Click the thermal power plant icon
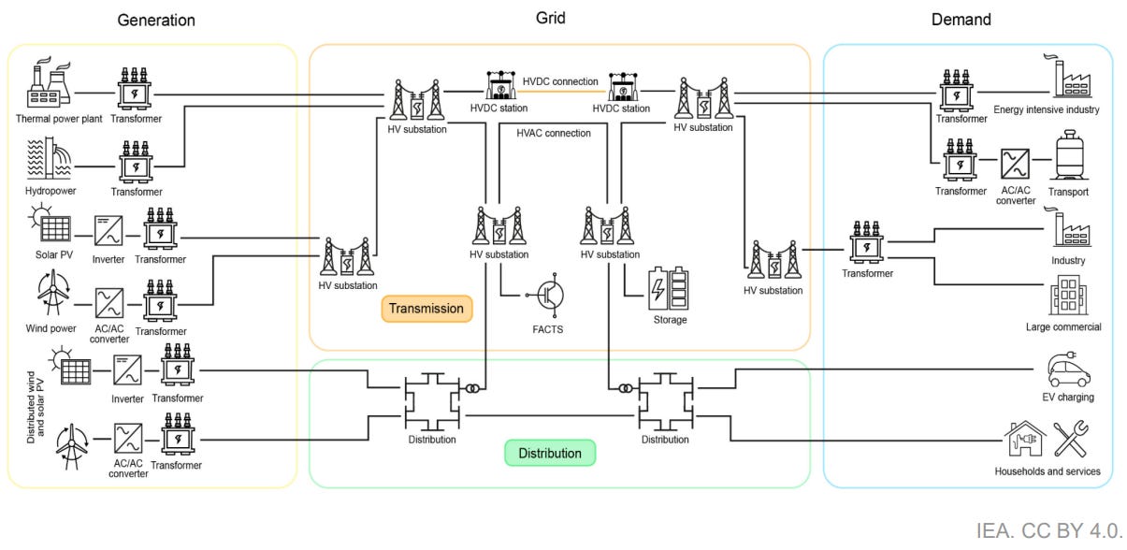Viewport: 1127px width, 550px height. pos(49,83)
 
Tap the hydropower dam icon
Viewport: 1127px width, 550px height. pos(49,157)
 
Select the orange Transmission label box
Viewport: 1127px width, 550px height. pos(426,309)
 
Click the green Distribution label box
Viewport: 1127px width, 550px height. pos(550,453)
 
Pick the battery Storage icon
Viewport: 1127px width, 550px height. pos(668,288)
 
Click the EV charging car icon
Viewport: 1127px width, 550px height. pos(1069,369)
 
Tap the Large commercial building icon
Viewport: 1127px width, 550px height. pos(1069,296)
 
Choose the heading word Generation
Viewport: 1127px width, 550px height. pos(156,21)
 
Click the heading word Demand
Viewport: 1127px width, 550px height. pos(961,20)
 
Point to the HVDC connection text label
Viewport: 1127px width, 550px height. pos(560,81)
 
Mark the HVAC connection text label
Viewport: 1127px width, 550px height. pos(554,134)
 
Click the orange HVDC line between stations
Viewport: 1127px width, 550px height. pos(561,92)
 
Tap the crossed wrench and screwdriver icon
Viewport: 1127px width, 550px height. pos(1071,439)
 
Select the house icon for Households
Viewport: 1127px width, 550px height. pos(1025,439)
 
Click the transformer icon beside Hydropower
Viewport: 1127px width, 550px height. pos(136,162)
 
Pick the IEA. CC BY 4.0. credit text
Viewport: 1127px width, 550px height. pos(1048,531)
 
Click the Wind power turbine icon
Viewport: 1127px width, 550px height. pos(52,293)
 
